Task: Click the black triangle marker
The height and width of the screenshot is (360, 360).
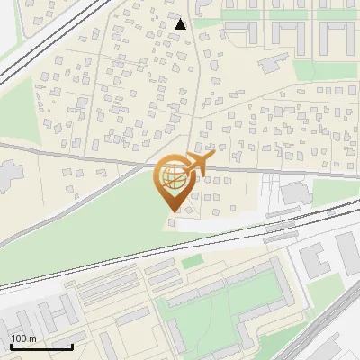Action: (x=181, y=24)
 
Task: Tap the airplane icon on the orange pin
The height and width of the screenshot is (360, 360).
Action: (x=197, y=163)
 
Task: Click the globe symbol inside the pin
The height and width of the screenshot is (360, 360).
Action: (x=173, y=175)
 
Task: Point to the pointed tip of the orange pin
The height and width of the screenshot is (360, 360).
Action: (x=173, y=211)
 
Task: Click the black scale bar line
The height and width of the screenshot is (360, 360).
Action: (x=41, y=346)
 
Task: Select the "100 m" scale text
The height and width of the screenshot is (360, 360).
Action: (x=24, y=338)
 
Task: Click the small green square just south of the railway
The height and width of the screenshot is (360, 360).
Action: (x=192, y=261)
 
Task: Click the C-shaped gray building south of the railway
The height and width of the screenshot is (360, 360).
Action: (x=315, y=262)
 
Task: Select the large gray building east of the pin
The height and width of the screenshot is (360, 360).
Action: (x=295, y=192)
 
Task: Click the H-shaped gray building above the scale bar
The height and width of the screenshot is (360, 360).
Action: (x=49, y=315)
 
